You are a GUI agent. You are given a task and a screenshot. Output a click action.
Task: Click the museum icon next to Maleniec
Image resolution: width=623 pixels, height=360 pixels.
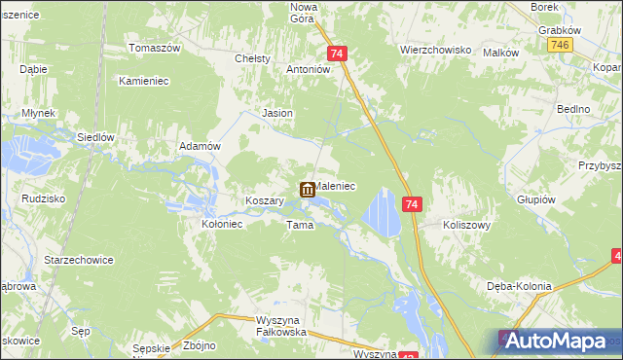coord(307,190)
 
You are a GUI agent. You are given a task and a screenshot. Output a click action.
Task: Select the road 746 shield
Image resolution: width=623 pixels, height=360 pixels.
coord(559,46)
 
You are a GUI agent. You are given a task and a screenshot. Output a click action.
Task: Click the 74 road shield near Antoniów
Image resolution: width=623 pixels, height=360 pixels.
coord(337,54)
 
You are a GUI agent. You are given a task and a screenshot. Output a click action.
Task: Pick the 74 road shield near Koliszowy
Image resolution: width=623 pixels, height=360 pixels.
coord(413,204)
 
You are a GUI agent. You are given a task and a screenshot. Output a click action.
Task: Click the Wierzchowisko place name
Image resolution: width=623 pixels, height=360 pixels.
coord(435,48)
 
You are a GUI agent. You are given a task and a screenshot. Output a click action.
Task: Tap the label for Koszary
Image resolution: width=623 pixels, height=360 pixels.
coord(264,200)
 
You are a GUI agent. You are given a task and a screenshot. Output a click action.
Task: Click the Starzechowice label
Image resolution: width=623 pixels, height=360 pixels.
coord(80,261)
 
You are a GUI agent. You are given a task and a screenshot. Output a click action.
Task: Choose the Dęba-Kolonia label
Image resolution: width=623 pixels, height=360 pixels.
coord(520,286)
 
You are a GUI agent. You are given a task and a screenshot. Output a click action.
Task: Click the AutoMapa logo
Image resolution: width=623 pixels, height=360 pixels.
coord(558,341)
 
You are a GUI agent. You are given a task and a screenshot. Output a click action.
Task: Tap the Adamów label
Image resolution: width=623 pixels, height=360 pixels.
coord(202,146)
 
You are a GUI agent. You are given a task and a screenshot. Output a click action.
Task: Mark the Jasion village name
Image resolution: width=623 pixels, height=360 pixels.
coord(278,113)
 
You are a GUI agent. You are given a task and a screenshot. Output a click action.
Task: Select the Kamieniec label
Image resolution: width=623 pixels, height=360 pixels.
coord(144,81)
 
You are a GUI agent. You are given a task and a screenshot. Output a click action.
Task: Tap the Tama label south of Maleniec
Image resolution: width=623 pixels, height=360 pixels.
coord(299,225)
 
